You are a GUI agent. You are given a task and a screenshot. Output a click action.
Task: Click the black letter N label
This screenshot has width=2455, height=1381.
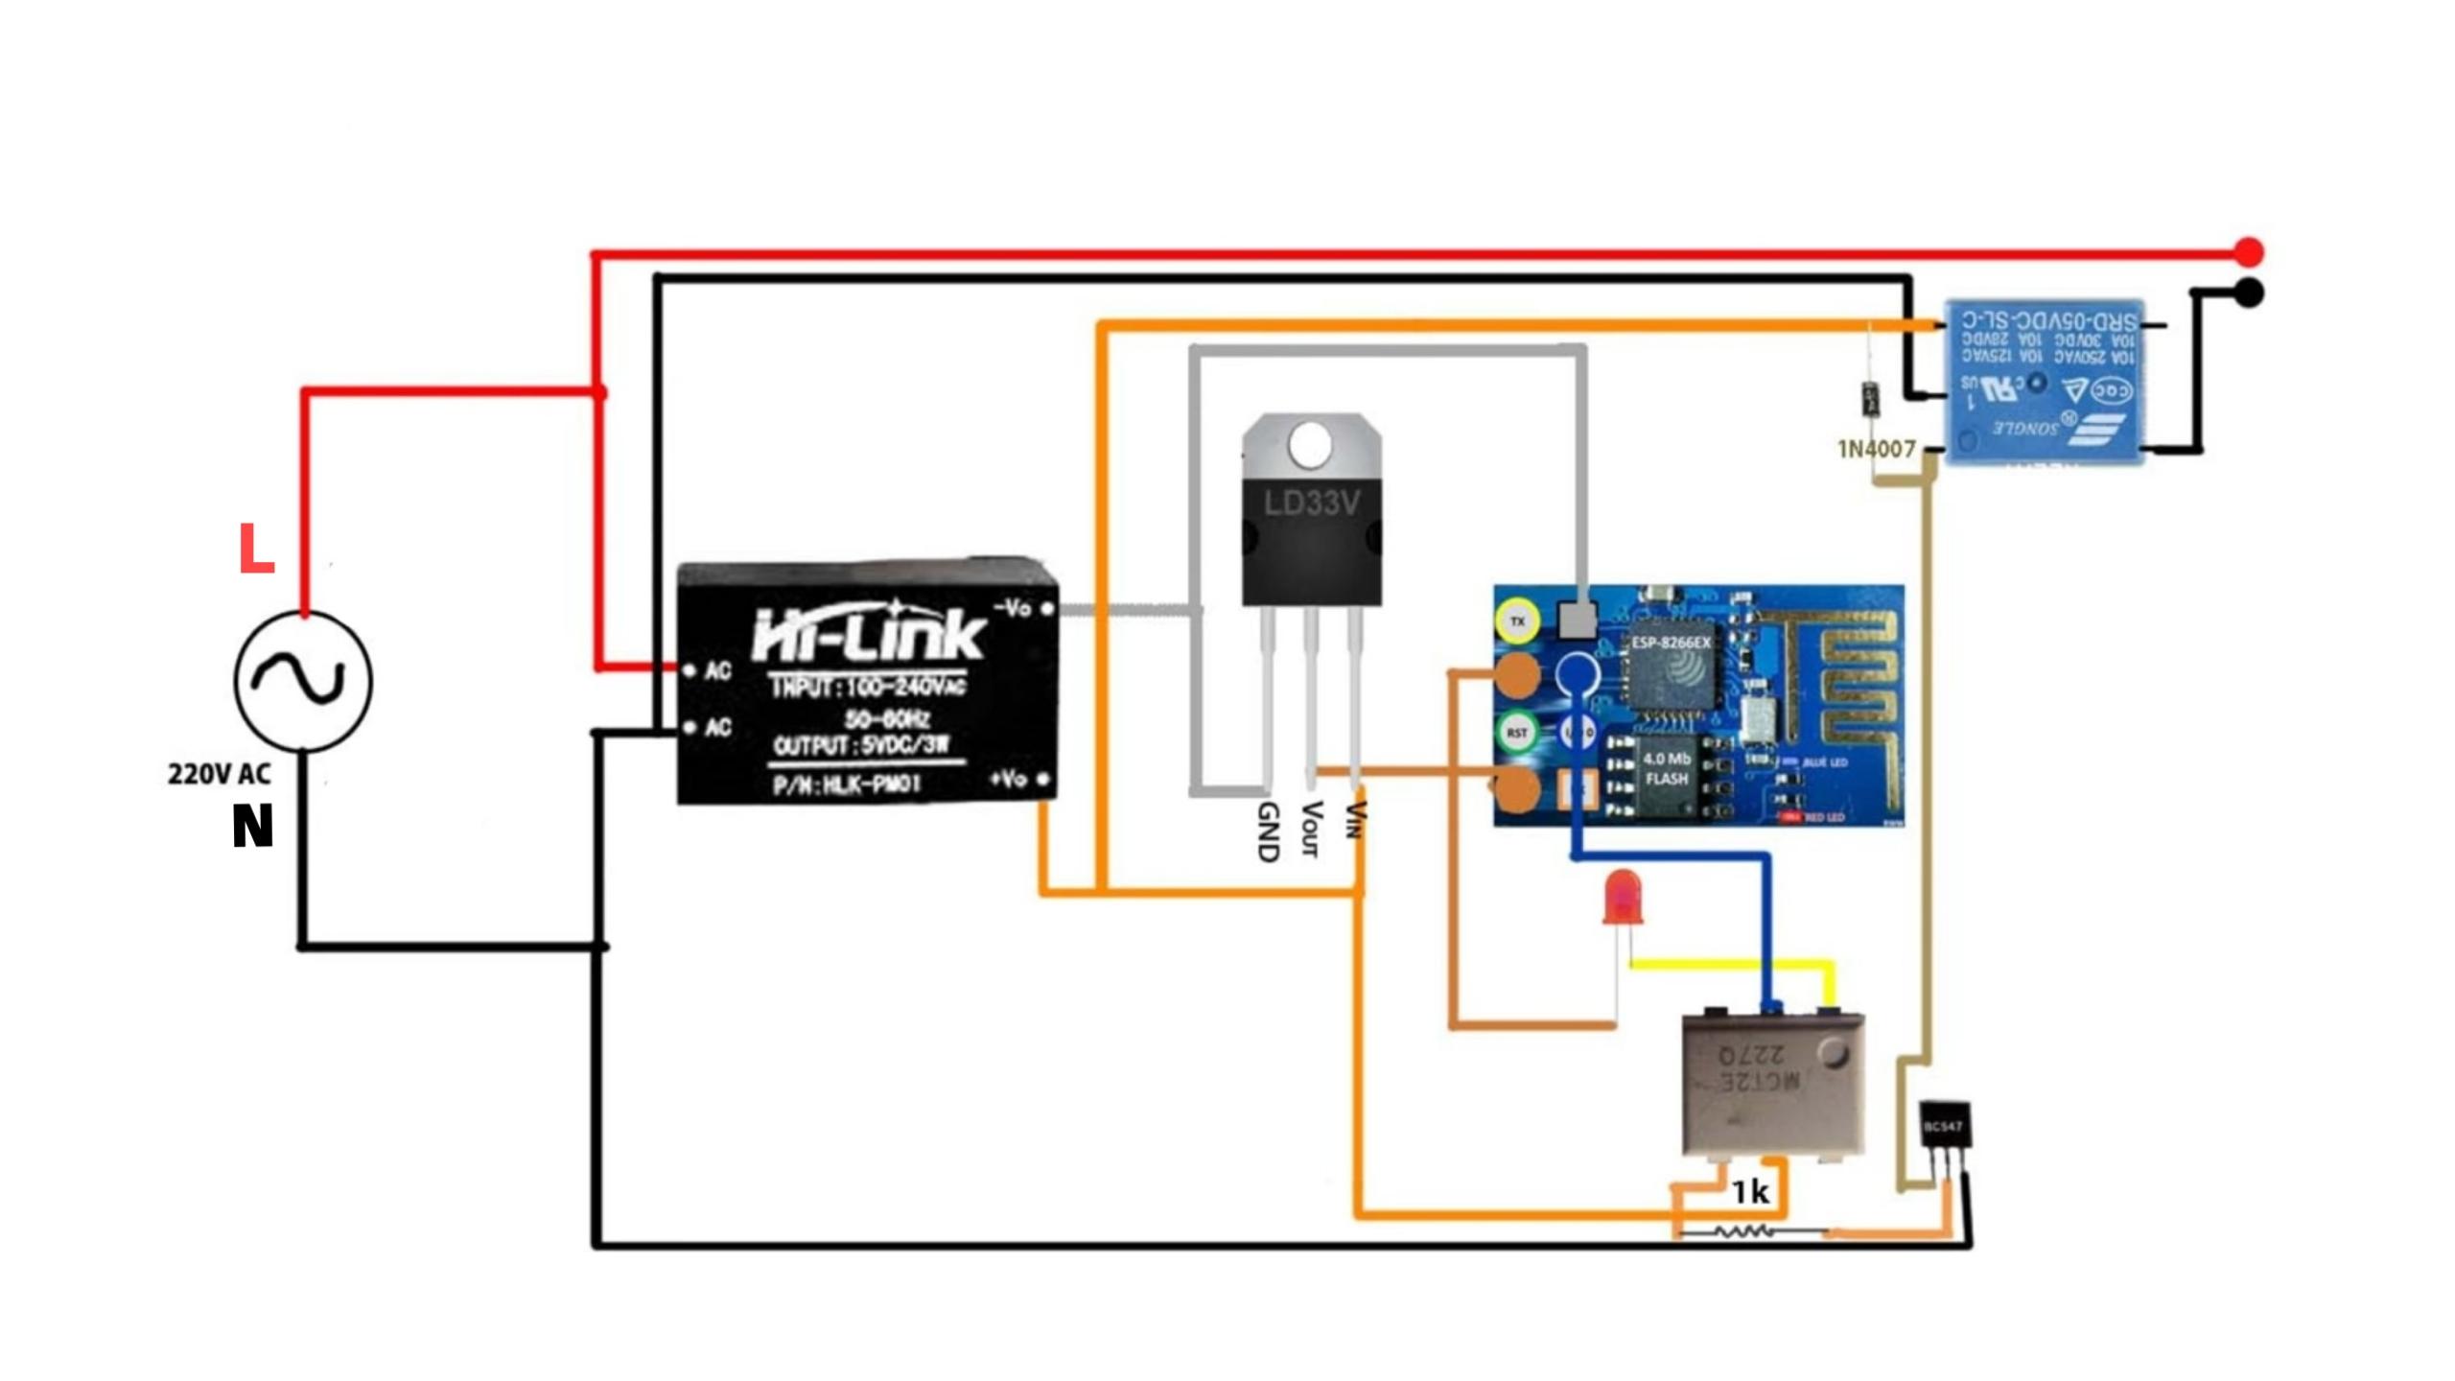(253, 826)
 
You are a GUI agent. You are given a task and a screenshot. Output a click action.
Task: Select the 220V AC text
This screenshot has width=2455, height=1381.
(219, 774)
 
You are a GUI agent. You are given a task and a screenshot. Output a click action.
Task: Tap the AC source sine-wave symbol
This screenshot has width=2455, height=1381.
(303, 681)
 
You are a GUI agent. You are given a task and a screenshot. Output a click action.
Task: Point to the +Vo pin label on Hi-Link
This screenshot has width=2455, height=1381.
(1009, 779)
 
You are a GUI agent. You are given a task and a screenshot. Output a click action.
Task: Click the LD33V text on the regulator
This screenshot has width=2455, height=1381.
(1311, 503)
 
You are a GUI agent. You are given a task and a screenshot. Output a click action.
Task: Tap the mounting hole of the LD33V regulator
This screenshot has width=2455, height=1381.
(1310, 446)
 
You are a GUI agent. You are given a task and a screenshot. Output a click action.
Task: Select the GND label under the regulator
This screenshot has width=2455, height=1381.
(1268, 832)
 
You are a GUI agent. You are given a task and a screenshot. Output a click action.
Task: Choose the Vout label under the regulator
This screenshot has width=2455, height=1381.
(1310, 829)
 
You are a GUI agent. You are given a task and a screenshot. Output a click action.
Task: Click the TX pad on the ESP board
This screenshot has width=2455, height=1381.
(1517, 621)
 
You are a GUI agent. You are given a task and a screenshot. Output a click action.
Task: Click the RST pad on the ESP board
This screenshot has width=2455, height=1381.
(1516, 734)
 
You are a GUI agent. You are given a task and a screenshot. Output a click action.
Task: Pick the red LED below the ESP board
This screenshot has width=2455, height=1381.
(1622, 897)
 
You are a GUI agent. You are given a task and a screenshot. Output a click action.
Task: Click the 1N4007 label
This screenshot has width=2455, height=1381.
(1876, 449)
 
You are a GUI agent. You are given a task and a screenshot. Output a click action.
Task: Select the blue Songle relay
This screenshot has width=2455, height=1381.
(2044, 383)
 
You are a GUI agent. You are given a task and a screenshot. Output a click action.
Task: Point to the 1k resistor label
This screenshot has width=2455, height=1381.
(1750, 1192)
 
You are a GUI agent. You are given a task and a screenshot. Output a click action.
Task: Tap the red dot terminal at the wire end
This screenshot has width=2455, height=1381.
(2249, 252)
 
